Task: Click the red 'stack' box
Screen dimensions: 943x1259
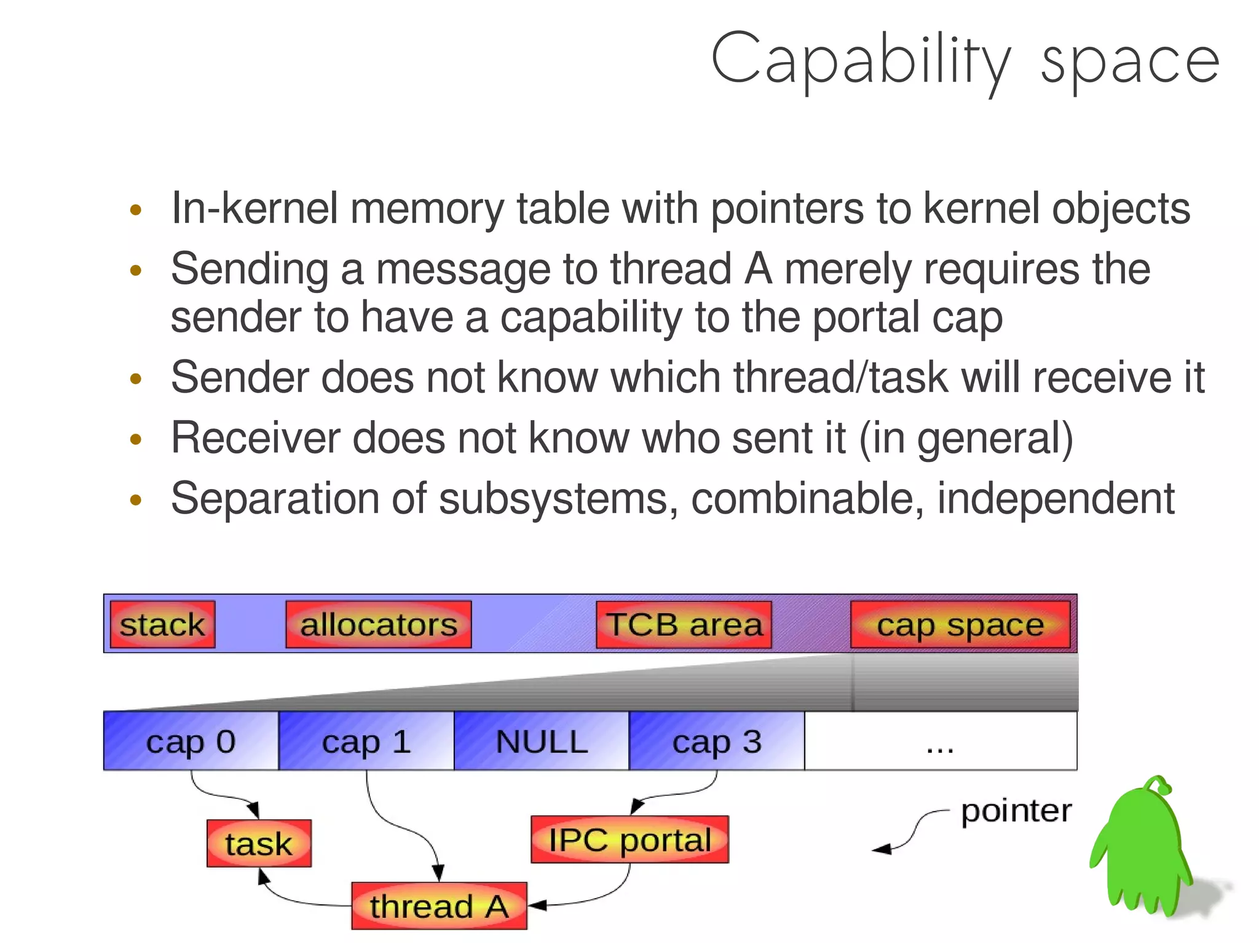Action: click(x=162, y=624)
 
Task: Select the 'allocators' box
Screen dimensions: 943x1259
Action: click(x=379, y=624)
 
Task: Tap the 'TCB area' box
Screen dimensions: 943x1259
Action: click(x=684, y=624)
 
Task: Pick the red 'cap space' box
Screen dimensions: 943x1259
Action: click(x=960, y=625)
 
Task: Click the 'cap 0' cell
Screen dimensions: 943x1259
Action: click(x=191, y=741)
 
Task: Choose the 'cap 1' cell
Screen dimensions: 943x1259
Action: click(x=366, y=741)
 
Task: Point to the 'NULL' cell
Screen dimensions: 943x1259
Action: click(x=542, y=741)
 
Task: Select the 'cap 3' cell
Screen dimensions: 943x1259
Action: click(x=717, y=741)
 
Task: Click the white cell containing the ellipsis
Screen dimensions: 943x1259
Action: click(x=941, y=741)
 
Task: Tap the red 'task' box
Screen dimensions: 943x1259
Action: click(x=259, y=843)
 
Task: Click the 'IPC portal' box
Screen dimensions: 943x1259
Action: click(x=629, y=840)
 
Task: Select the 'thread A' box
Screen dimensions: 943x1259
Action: click(x=439, y=906)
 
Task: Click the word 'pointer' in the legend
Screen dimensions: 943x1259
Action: click(x=1016, y=811)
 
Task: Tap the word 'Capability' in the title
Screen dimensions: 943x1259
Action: click(x=861, y=60)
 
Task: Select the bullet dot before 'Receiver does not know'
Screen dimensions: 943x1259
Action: click(x=136, y=439)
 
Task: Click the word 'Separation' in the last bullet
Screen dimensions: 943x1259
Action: click(x=275, y=498)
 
